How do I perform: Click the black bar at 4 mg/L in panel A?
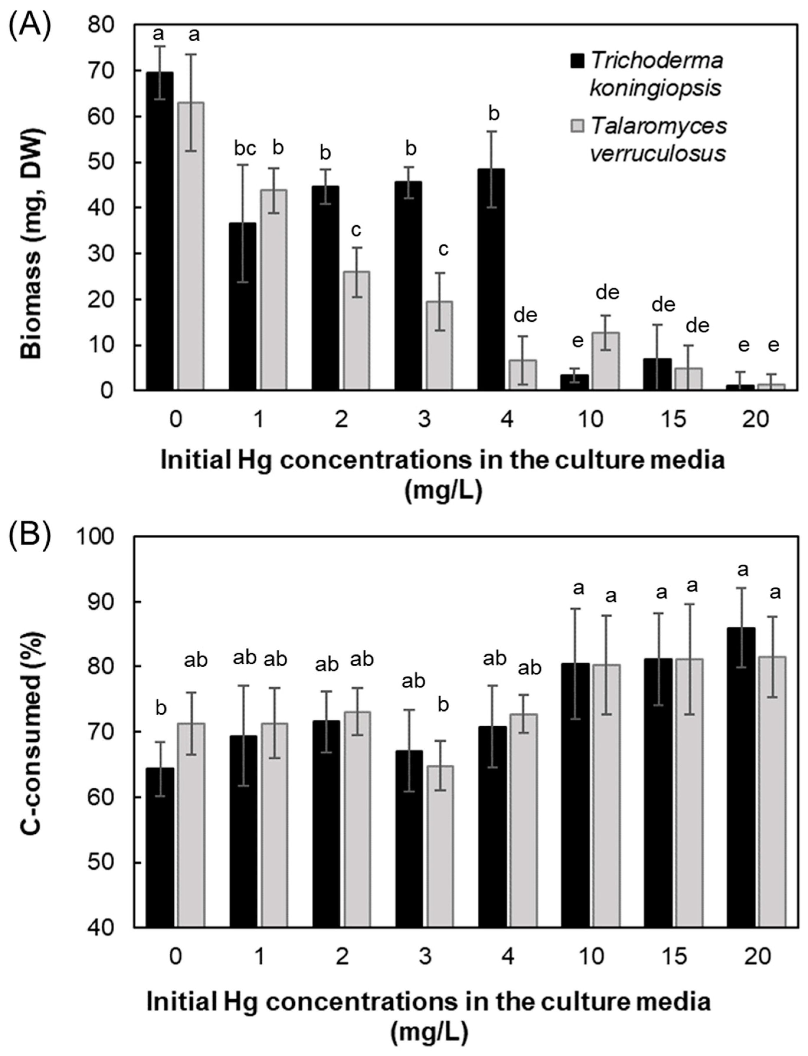(491, 279)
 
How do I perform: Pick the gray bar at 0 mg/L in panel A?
(191, 245)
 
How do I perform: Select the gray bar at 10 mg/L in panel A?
(605, 360)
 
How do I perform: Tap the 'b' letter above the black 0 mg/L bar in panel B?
(161, 708)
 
